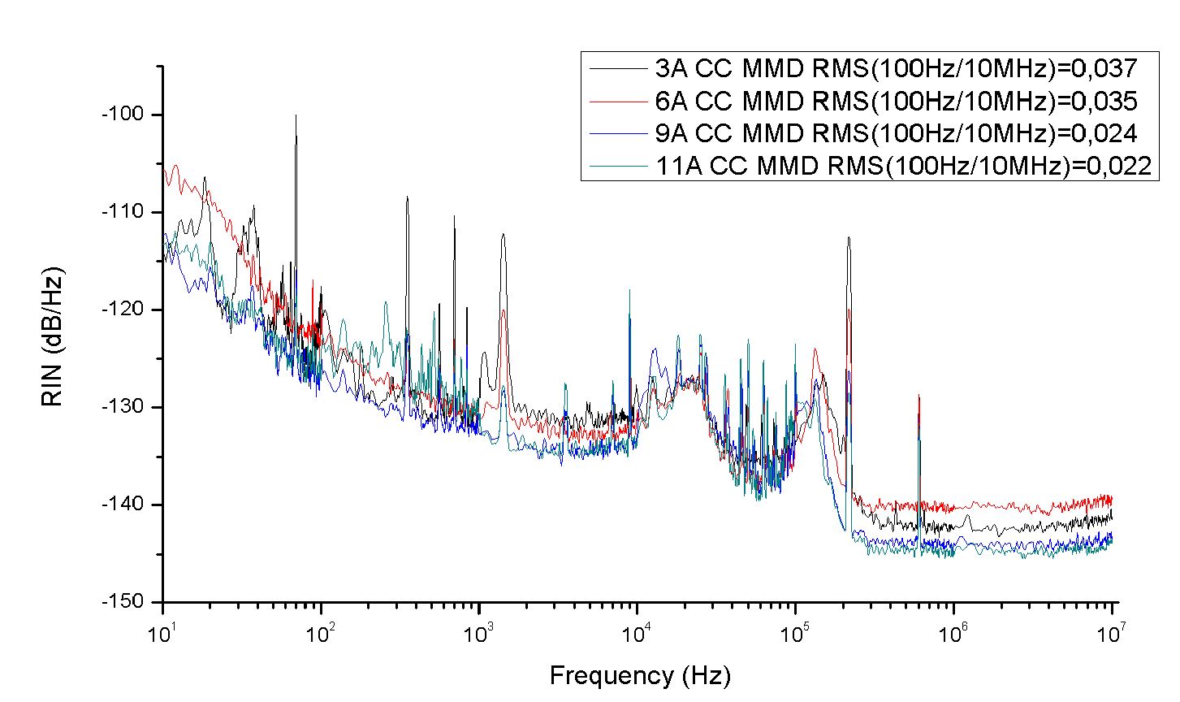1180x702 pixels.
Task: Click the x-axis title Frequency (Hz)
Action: (x=640, y=675)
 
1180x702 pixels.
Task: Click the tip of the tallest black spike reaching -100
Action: (x=296, y=115)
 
